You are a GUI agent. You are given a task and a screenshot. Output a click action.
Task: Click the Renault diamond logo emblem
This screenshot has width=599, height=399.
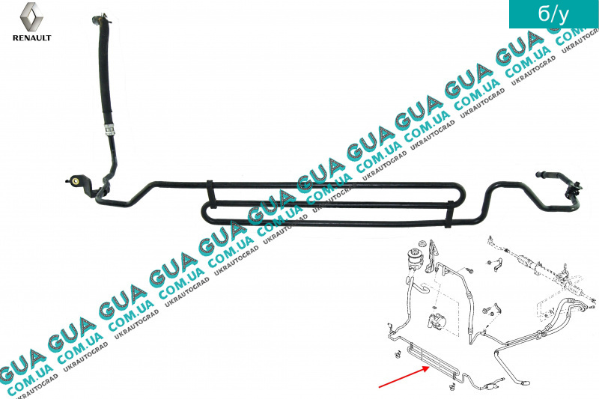[31, 16]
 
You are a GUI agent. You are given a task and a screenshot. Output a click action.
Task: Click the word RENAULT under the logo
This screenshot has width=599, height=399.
[31, 37]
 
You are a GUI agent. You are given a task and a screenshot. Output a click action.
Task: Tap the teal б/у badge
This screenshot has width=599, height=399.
[553, 14]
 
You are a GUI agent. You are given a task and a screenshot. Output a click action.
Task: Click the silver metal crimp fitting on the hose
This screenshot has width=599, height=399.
[109, 129]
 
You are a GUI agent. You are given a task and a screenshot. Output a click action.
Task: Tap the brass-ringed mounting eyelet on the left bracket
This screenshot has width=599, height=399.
[76, 180]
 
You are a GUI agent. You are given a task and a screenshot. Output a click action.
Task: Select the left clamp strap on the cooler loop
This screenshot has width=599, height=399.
[210, 194]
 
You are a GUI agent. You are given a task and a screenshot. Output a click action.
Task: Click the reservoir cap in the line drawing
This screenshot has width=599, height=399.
[422, 243]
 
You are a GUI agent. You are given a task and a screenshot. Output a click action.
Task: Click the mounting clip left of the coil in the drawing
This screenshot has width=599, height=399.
[398, 354]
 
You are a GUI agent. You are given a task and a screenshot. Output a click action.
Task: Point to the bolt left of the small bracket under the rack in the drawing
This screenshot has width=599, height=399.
[489, 310]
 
